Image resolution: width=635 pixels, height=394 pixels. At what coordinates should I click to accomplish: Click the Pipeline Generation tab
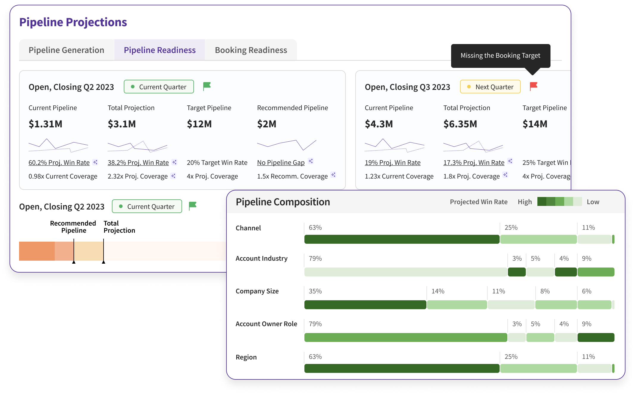[66, 50]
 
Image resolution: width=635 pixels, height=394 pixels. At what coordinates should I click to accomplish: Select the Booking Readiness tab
[251, 50]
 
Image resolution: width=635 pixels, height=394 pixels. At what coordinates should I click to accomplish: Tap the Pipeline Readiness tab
[159, 50]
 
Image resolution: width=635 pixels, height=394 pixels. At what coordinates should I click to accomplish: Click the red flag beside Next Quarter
[534, 86]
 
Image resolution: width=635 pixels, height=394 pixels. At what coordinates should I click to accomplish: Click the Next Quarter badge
[490, 87]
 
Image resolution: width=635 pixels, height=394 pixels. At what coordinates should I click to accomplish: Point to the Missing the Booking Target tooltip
[500, 56]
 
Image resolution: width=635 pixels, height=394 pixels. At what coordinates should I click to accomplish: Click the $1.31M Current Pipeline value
[45, 124]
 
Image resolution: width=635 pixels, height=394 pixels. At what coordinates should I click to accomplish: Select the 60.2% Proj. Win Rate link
[59, 162]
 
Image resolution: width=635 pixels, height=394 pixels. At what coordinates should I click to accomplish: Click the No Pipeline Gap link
[281, 162]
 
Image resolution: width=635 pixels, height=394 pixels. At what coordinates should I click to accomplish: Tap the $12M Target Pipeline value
[199, 124]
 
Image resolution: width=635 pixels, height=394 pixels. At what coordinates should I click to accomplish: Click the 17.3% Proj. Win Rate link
[474, 162]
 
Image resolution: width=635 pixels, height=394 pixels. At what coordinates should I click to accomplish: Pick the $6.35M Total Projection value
[460, 124]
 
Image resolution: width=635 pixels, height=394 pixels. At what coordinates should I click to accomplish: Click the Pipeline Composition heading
[283, 202]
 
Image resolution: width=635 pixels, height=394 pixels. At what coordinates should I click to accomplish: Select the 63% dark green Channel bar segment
[402, 239]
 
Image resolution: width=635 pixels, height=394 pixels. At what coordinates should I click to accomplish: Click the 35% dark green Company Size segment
[365, 305]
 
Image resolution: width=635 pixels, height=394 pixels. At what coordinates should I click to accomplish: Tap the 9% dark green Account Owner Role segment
[596, 337]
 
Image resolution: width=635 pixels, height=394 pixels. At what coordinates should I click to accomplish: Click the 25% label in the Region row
[511, 357]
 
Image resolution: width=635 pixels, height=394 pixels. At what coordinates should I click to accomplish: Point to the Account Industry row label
[261, 258]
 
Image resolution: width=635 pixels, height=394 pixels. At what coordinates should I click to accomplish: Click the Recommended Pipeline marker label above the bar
[73, 227]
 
